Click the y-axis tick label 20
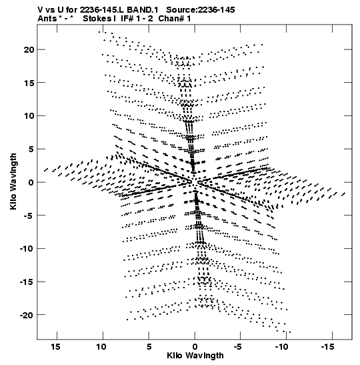point(29,50)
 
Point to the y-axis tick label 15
point(29,83)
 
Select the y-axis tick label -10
point(27,249)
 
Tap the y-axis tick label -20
point(27,315)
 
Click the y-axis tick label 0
point(31,183)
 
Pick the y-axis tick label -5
point(29,216)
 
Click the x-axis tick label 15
point(55,347)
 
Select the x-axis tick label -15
point(328,347)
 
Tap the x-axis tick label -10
point(281,347)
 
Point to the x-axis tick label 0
point(195,347)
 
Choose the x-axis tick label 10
point(101,347)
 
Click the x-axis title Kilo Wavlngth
point(195,356)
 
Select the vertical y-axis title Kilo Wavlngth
point(13,181)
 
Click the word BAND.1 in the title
point(143,10)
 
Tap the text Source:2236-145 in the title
point(201,10)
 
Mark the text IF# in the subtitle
point(127,19)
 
